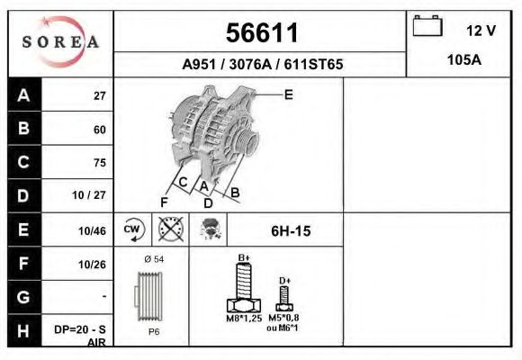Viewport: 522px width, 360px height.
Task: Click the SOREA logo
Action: coord(59,42)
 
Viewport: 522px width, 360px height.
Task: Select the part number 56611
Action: coord(260,33)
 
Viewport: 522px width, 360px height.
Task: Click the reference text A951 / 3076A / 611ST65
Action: coord(262,65)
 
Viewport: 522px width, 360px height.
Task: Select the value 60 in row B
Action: coord(99,130)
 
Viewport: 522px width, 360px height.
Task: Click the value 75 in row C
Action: coord(99,163)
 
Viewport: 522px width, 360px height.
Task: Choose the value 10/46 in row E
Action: coord(94,230)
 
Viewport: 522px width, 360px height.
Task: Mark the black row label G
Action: coord(23,296)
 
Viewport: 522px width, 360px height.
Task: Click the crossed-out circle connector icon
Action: coord(170,229)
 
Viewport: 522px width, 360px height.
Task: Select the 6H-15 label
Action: coord(290,231)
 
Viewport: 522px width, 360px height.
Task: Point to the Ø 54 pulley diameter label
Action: coord(154,259)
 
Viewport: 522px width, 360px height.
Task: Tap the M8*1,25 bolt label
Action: coord(243,318)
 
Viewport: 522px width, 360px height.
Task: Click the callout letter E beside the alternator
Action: coord(288,94)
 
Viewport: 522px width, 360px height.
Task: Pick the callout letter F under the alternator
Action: coord(164,202)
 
